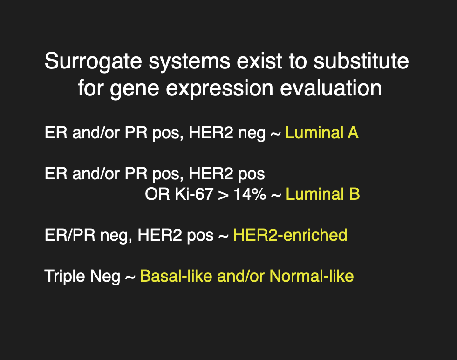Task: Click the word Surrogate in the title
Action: [x=93, y=62]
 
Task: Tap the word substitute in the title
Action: [x=361, y=61]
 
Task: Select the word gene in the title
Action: [x=134, y=89]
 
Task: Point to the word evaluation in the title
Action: [x=331, y=88]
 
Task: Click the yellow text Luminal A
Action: [x=322, y=133]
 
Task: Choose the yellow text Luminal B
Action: [x=323, y=194]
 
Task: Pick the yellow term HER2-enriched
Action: [x=290, y=235]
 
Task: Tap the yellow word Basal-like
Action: [x=176, y=276]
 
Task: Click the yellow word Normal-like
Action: [x=311, y=276]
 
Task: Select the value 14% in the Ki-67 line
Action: [x=250, y=194]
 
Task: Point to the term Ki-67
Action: [x=194, y=194]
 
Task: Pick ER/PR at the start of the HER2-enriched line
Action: [x=70, y=235]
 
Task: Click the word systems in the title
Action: [x=190, y=62]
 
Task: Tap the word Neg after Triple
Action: [x=105, y=277]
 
